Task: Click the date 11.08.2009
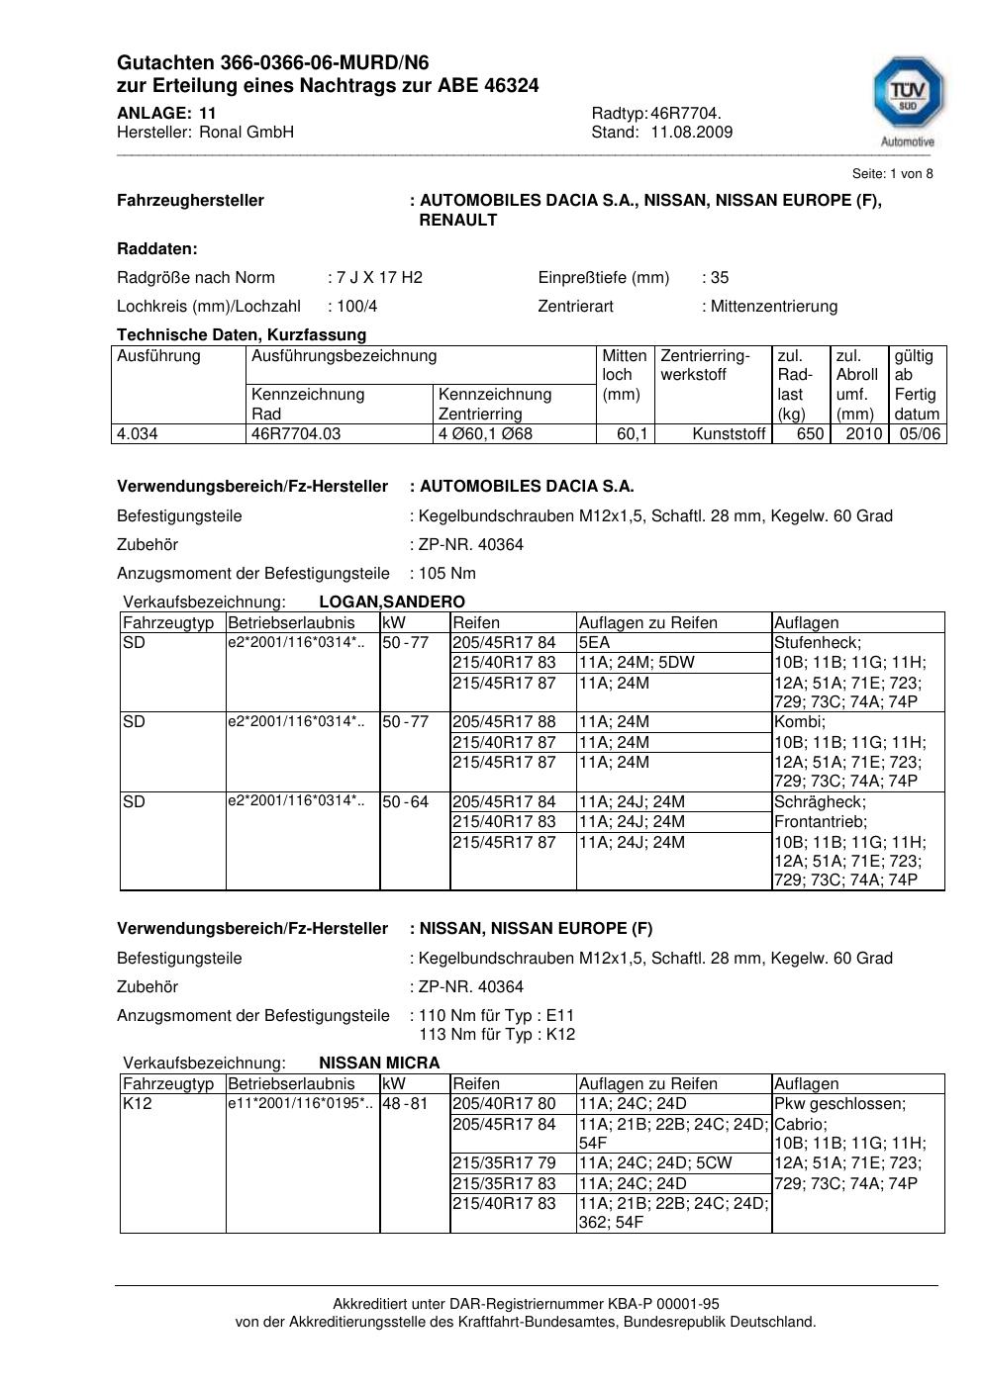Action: click(691, 133)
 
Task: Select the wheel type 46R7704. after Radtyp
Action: click(686, 114)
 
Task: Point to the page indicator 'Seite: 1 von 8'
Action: click(892, 174)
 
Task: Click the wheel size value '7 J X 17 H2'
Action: click(379, 278)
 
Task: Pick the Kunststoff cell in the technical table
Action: click(730, 434)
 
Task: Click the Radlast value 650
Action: click(810, 434)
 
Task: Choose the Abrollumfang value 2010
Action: click(864, 434)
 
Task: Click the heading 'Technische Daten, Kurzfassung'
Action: click(242, 335)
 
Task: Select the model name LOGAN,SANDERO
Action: click(392, 602)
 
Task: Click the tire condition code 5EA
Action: click(595, 643)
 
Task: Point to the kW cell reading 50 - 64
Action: click(406, 801)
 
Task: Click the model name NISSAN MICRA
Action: click(379, 1064)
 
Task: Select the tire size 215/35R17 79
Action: click(504, 1163)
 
